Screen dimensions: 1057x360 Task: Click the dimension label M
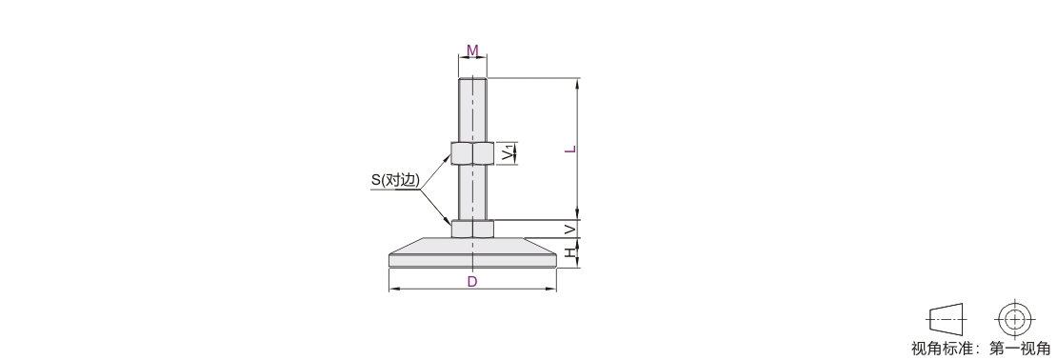point(472,50)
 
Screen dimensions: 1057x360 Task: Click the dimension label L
point(570,149)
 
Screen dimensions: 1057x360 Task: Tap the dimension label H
point(570,252)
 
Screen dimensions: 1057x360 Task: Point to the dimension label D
point(472,281)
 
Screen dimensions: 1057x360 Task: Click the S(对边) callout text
point(396,180)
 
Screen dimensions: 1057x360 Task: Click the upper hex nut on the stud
point(472,153)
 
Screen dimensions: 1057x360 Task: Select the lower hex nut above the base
point(472,229)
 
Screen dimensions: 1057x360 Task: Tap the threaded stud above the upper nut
point(472,110)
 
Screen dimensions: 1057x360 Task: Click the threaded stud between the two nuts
point(472,192)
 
